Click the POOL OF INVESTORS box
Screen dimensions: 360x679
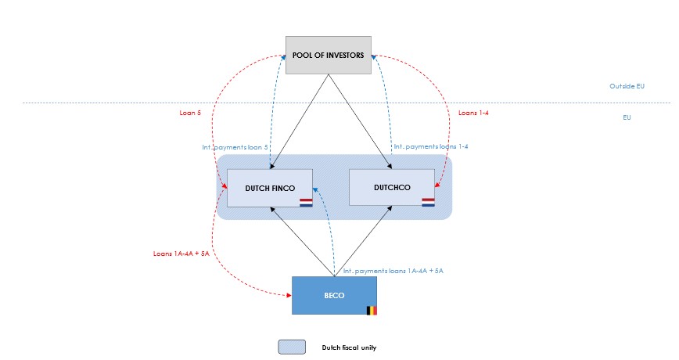pos(328,55)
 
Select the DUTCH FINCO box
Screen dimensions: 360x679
pos(270,188)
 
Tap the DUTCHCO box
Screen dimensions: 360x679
pos(391,188)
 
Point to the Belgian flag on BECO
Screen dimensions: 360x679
pos(372,310)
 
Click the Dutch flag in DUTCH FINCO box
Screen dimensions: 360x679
pos(306,203)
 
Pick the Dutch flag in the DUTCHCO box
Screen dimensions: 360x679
pos(428,203)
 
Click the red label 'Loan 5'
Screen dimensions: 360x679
pos(190,113)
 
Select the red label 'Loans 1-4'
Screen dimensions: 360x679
pos(473,113)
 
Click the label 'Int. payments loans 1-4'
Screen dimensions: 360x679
pos(431,146)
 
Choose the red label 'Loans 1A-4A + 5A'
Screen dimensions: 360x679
pos(181,254)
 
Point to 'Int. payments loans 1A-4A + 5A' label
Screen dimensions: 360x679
pos(393,271)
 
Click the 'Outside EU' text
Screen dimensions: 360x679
pos(627,85)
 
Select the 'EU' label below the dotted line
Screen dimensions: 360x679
pos(627,117)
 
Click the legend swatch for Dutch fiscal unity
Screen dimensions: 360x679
pos(291,347)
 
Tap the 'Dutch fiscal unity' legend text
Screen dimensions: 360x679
pos(349,347)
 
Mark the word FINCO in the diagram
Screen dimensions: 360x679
pos(282,188)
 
